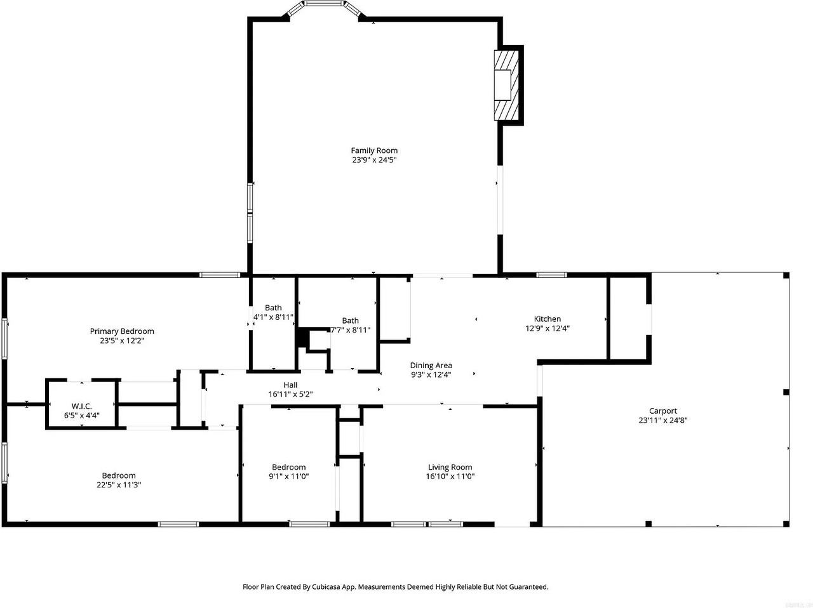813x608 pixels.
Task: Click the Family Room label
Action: [374, 150]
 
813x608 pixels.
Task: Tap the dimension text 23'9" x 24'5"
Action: [374, 160]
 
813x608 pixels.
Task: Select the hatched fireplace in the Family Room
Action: [506, 85]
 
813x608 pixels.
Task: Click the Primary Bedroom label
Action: [122, 331]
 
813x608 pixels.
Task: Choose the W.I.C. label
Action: [81, 406]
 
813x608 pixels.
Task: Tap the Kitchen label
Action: [547, 319]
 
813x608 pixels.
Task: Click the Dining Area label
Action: [431, 366]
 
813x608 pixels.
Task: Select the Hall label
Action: [290, 385]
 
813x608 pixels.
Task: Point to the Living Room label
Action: [450, 467]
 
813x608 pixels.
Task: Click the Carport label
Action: [663, 411]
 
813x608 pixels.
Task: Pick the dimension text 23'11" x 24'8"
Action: [663, 420]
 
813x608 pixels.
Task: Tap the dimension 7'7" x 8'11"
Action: [351, 330]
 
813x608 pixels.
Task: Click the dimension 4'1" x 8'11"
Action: [273, 317]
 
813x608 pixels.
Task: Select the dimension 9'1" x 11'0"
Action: [289, 476]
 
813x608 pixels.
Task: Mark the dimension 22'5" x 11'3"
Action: [119, 485]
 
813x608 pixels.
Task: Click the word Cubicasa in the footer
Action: [327, 587]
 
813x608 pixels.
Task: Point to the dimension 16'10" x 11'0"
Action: [450, 476]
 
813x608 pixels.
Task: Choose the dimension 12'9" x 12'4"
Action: [548, 328]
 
